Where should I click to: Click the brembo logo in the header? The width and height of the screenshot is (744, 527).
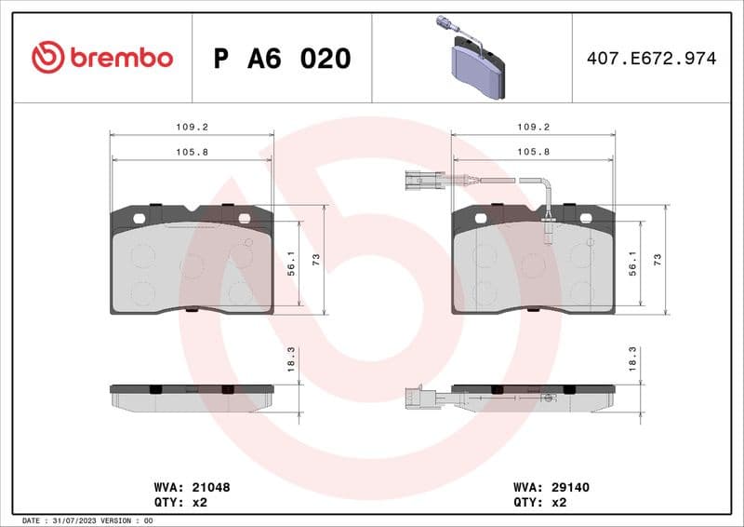point(101,58)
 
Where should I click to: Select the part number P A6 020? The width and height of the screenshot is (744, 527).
point(282,59)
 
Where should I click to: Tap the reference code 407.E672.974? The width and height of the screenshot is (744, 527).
point(651,59)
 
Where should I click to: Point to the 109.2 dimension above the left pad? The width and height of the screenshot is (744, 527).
point(192,128)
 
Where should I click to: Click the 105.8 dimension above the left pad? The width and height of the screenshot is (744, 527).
point(192,151)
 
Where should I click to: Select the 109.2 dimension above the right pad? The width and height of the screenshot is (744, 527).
point(532,128)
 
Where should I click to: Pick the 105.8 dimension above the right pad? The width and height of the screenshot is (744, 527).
point(532,151)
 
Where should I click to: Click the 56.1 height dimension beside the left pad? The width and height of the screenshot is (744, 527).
point(291,264)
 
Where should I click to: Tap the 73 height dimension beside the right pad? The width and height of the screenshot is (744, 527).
point(658,260)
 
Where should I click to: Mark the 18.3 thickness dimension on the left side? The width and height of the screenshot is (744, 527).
point(291,359)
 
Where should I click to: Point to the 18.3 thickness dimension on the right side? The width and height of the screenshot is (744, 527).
point(632,359)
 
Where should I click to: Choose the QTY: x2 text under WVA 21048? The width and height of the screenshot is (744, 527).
point(179,502)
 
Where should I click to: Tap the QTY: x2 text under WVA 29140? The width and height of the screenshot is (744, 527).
point(538,502)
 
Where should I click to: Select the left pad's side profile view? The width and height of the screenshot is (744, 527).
point(192,395)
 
